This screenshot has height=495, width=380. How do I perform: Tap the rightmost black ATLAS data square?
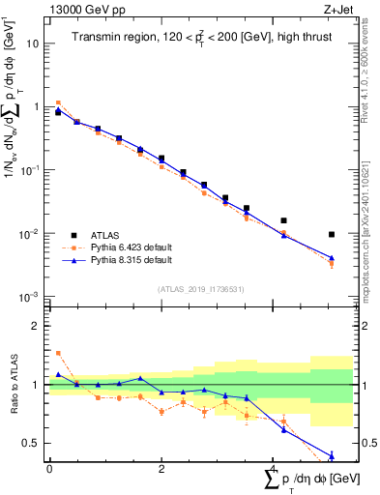pyautogui.click(x=332, y=234)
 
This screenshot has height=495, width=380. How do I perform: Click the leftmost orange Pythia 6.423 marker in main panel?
pyautogui.click(x=58, y=102)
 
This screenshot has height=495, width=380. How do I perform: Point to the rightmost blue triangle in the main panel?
pyautogui.click(x=332, y=258)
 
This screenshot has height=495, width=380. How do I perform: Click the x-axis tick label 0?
pyautogui.click(x=49, y=469)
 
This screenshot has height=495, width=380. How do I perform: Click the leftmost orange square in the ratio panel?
pyautogui.click(x=58, y=353)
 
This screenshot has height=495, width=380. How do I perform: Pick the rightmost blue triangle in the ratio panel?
pyautogui.click(x=332, y=455)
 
